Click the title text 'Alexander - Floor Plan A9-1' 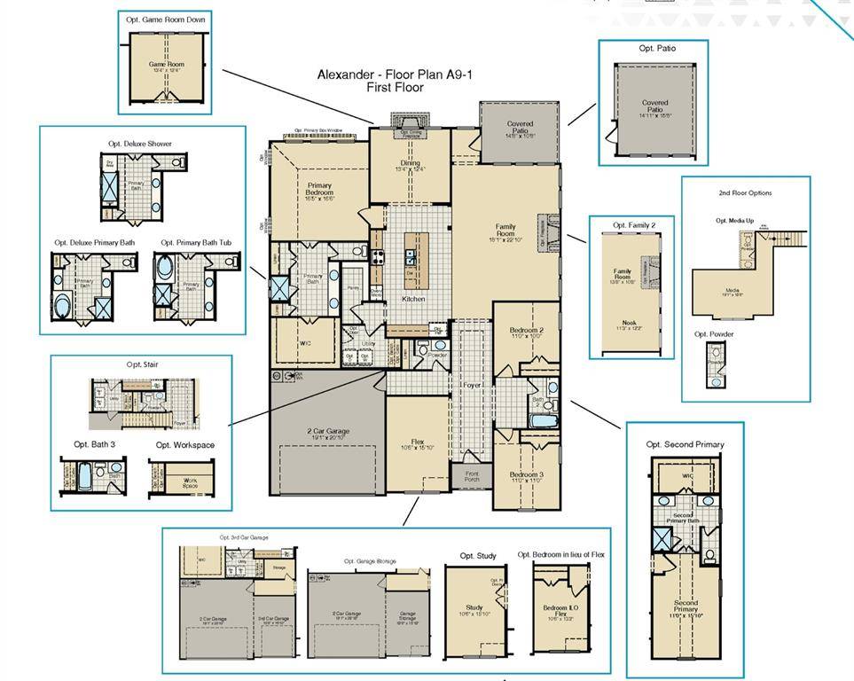396,74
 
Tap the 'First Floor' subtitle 395,88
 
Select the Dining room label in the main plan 410,163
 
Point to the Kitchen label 413,299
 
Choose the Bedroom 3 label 527,474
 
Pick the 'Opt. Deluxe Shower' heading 140,143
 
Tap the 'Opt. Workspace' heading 184,445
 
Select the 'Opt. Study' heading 478,556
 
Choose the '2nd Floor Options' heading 745,192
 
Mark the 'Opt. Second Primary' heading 685,444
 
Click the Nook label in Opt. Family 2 629,323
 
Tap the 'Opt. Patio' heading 656,48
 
